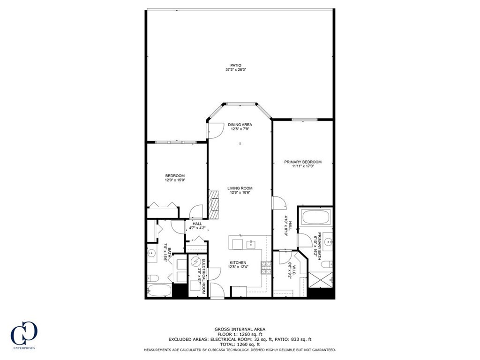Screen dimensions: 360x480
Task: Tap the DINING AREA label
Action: [240, 125]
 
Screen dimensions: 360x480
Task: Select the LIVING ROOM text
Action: [240, 188]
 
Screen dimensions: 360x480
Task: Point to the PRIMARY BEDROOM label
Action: [303, 162]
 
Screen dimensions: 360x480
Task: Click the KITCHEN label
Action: [238, 262]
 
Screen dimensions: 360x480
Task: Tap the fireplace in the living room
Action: [214, 204]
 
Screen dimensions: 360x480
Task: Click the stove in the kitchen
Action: [266, 268]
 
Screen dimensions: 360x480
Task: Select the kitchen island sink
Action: [251, 244]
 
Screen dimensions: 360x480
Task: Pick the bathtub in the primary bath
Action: [316, 217]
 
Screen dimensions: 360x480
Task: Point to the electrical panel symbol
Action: [197, 262]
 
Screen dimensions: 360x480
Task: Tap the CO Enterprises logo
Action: [23, 334]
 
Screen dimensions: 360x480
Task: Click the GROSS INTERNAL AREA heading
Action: [240, 330]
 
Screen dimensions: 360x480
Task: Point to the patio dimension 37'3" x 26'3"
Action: [235, 70]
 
